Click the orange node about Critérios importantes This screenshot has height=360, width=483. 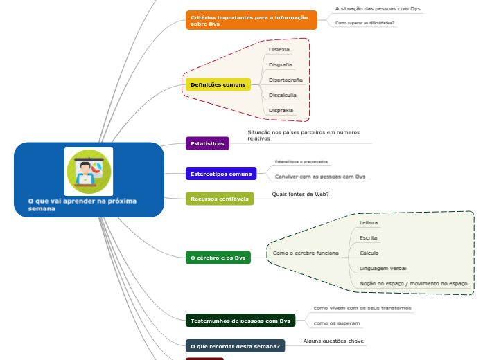(251, 20)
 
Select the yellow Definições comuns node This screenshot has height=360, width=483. (218, 84)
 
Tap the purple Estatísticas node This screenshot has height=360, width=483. (207, 143)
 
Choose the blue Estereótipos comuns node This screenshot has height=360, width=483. (221, 174)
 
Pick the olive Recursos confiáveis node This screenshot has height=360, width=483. (220, 199)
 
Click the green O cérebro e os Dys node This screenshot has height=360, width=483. (218, 258)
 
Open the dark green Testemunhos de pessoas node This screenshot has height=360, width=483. (240, 321)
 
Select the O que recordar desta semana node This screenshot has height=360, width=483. (235, 345)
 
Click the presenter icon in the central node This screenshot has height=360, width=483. (88, 171)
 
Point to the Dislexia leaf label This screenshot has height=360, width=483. (279, 50)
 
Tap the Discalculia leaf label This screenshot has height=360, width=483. (282, 96)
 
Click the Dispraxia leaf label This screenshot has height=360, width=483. (281, 111)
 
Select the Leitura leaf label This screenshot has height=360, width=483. (369, 223)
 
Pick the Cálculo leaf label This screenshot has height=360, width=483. (369, 253)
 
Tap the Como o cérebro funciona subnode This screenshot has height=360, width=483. (306, 253)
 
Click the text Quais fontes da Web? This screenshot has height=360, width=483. (300, 195)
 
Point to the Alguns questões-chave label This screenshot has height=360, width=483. (333, 341)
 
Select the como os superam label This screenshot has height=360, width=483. (337, 323)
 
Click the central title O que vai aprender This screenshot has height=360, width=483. (82, 204)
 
